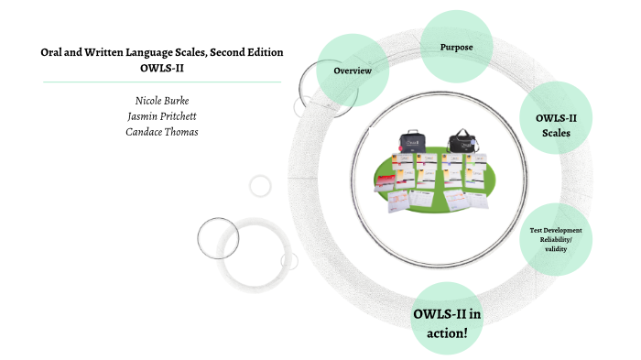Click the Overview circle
pyautogui.click(x=353, y=70)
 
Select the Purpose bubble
pyautogui.click(x=456, y=47)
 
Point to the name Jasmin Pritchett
pyautogui.click(x=161, y=115)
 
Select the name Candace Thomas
pyautogui.click(x=161, y=132)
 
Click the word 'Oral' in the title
pyautogui.click(x=52, y=52)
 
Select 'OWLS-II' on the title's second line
pyautogui.click(x=161, y=68)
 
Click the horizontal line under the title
pyautogui.click(x=161, y=82)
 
